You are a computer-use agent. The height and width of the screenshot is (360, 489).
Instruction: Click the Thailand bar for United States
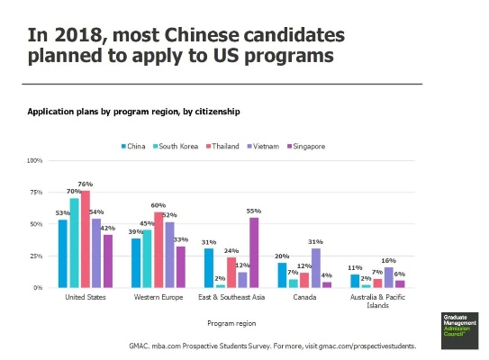(x=86, y=239)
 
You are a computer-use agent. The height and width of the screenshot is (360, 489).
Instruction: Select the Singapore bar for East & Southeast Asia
(x=254, y=253)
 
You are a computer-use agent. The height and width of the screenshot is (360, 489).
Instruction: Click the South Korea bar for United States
(x=74, y=243)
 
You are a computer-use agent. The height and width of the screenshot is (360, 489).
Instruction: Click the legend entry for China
(x=133, y=146)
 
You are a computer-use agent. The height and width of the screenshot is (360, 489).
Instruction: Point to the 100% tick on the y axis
(x=36, y=160)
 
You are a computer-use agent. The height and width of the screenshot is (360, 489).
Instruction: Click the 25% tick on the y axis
(x=36, y=256)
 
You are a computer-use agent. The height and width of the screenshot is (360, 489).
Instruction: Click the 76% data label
(x=86, y=184)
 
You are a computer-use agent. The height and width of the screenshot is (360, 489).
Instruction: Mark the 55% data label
(x=254, y=211)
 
